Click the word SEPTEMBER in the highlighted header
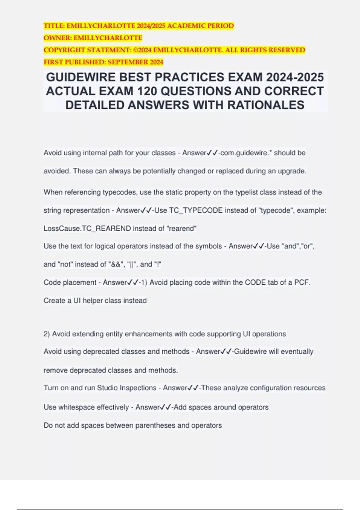pyautogui.click(x=127, y=62)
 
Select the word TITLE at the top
pyautogui.click(x=53, y=26)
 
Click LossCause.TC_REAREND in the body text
pyautogui.click(x=87, y=228)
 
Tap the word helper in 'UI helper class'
pyautogui.click(x=93, y=301)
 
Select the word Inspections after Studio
pyautogui.click(x=138, y=388)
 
